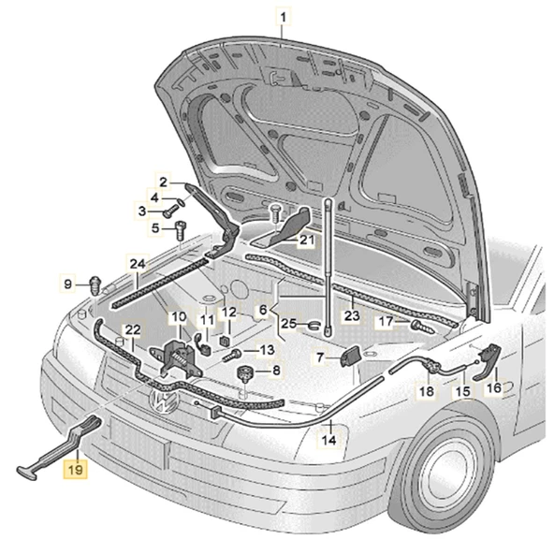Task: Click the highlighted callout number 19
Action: click(x=74, y=468)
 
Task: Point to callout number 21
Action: click(x=307, y=241)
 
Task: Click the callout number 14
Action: click(x=329, y=439)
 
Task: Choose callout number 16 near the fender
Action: click(x=493, y=386)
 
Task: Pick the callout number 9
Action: click(x=68, y=283)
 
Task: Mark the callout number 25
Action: click(x=290, y=324)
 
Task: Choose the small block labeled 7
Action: click(x=354, y=357)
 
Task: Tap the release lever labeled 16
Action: click(x=488, y=359)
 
